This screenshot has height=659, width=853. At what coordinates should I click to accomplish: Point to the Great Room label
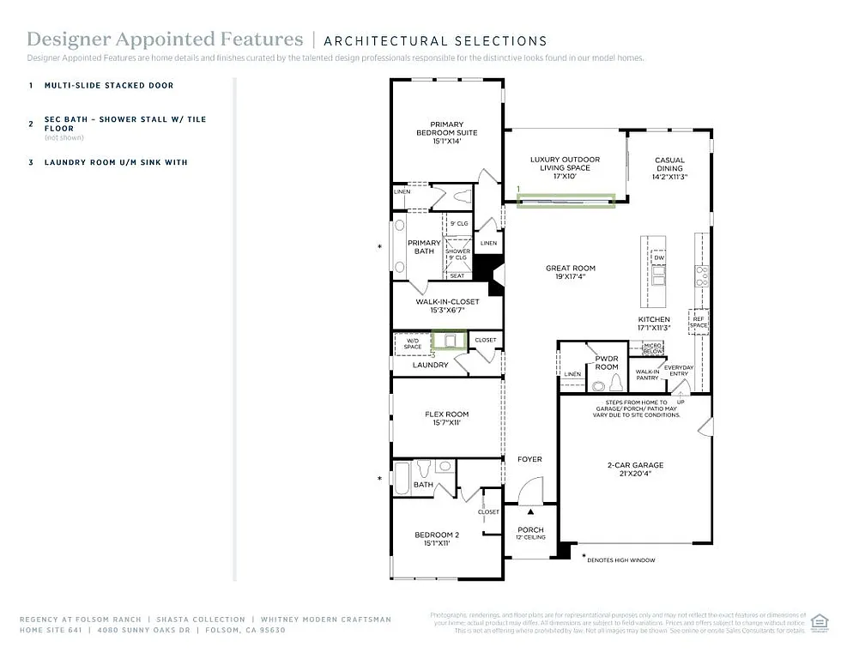(x=571, y=272)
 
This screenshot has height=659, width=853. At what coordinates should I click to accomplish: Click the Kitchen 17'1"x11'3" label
(x=654, y=323)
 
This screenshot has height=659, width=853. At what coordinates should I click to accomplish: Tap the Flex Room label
(x=446, y=419)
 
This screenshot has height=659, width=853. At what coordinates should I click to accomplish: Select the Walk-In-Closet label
(x=447, y=305)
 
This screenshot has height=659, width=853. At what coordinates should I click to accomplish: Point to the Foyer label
(x=529, y=459)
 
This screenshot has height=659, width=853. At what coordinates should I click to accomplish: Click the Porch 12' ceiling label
(x=530, y=533)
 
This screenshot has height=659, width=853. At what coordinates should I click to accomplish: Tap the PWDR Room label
(x=607, y=362)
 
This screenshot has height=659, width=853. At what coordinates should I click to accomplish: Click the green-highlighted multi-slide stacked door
(x=566, y=201)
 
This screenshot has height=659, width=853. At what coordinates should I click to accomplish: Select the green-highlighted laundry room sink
(x=449, y=341)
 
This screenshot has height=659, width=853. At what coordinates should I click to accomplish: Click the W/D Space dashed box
(x=412, y=343)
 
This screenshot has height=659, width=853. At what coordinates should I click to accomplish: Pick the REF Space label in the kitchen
(x=699, y=322)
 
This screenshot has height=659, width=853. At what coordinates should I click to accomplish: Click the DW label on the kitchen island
(x=659, y=257)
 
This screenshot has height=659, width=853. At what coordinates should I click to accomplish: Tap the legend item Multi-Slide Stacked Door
(x=109, y=86)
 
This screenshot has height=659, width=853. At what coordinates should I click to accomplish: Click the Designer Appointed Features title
(x=165, y=39)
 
